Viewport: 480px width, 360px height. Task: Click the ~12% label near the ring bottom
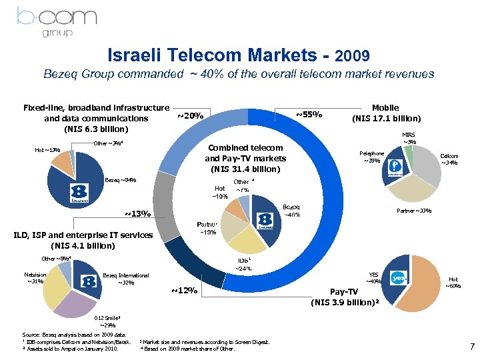(184, 291)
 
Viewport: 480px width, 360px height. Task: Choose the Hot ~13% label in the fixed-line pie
(47, 149)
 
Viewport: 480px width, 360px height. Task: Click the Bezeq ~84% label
(121, 180)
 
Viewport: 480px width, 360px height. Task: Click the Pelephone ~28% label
(371, 157)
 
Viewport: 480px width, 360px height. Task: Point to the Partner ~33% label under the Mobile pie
(414, 211)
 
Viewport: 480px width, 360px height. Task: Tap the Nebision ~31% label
(34, 277)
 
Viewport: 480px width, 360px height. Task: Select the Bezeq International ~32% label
(126, 279)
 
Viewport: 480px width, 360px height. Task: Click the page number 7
(471, 346)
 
